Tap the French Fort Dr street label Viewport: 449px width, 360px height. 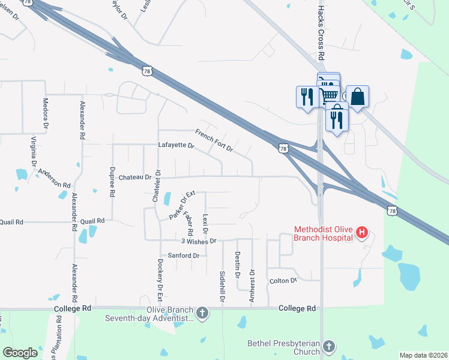click(214, 140)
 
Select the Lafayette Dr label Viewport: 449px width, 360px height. click(176, 145)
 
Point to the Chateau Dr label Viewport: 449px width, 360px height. click(135, 177)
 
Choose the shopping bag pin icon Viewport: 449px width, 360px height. click(357, 97)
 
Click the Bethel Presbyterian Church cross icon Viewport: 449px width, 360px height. click(329, 346)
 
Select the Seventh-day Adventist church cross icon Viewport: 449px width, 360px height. click(202, 313)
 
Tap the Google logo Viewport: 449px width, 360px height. click(20, 353)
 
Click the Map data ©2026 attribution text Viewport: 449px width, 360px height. click(423, 355)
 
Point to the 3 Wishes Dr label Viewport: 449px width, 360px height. click(198, 241)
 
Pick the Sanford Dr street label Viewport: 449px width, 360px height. click(183, 256)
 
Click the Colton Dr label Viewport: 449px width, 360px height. click(283, 280)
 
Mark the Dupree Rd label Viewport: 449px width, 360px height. click(112, 181)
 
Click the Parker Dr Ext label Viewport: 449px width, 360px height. click(182, 205)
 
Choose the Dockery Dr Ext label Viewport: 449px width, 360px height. click(160, 280)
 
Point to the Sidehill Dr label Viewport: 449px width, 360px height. click(222, 286)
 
